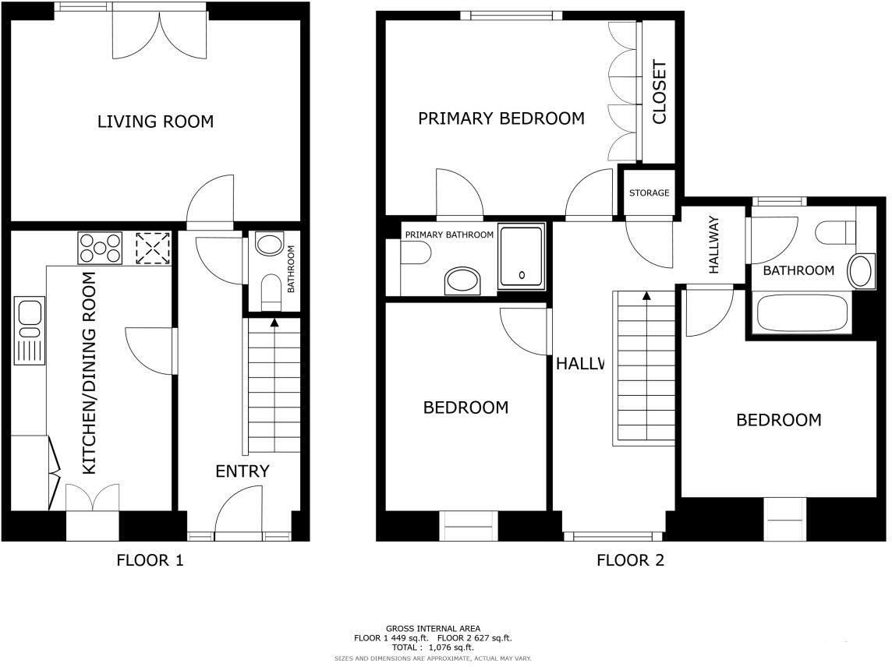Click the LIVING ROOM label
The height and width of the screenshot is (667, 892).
click(155, 122)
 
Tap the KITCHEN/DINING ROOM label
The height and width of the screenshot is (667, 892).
click(90, 373)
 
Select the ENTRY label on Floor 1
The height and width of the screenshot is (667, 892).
click(242, 471)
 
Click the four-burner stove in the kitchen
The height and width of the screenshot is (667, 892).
click(100, 248)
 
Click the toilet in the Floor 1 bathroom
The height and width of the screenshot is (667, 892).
click(271, 290)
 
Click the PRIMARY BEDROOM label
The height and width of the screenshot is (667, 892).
click(501, 118)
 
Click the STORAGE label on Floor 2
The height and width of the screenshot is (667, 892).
click(649, 192)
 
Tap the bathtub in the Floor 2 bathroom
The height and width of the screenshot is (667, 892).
click(801, 312)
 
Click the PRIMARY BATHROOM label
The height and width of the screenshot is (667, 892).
click(448, 235)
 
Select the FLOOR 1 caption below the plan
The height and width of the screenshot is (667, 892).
click(150, 559)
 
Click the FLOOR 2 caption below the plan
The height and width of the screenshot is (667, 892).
click(630, 559)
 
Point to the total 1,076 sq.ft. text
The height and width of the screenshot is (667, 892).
click(433, 647)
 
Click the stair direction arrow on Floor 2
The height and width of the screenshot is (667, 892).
click(646, 296)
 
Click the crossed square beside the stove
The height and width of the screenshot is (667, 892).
click(152, 249)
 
